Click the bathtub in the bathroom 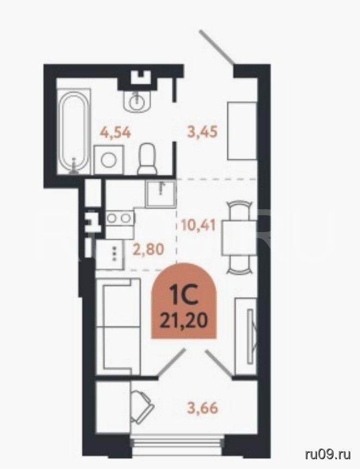click(73, 132)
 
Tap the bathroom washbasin click(137, 101)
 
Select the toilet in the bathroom click(147, 159)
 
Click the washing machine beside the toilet click(109, 160)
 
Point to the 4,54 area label click(116, 133)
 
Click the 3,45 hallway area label click(202, 132)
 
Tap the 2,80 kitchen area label click(148, 248)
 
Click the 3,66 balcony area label click(202, 408)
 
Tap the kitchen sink click(161, 194)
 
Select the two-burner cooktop click(120, 218)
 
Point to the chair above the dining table click(239, 210)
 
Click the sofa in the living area click(118, 326)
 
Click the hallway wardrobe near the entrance click(243, 131)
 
